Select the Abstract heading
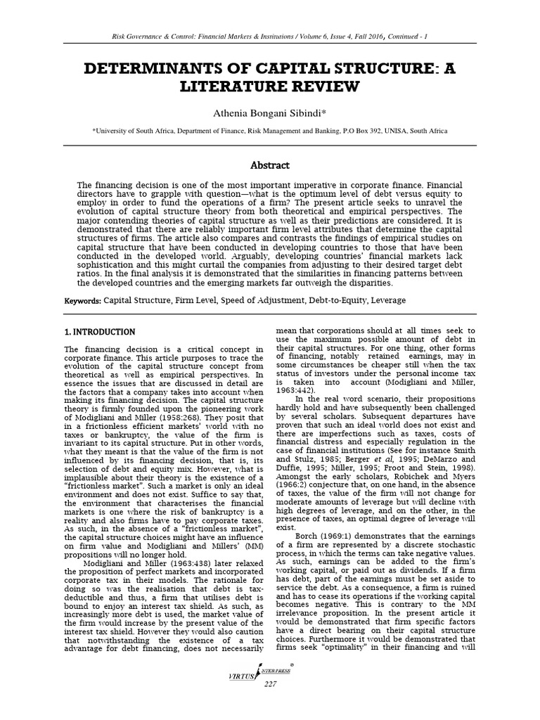271,165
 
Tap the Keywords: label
83,301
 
